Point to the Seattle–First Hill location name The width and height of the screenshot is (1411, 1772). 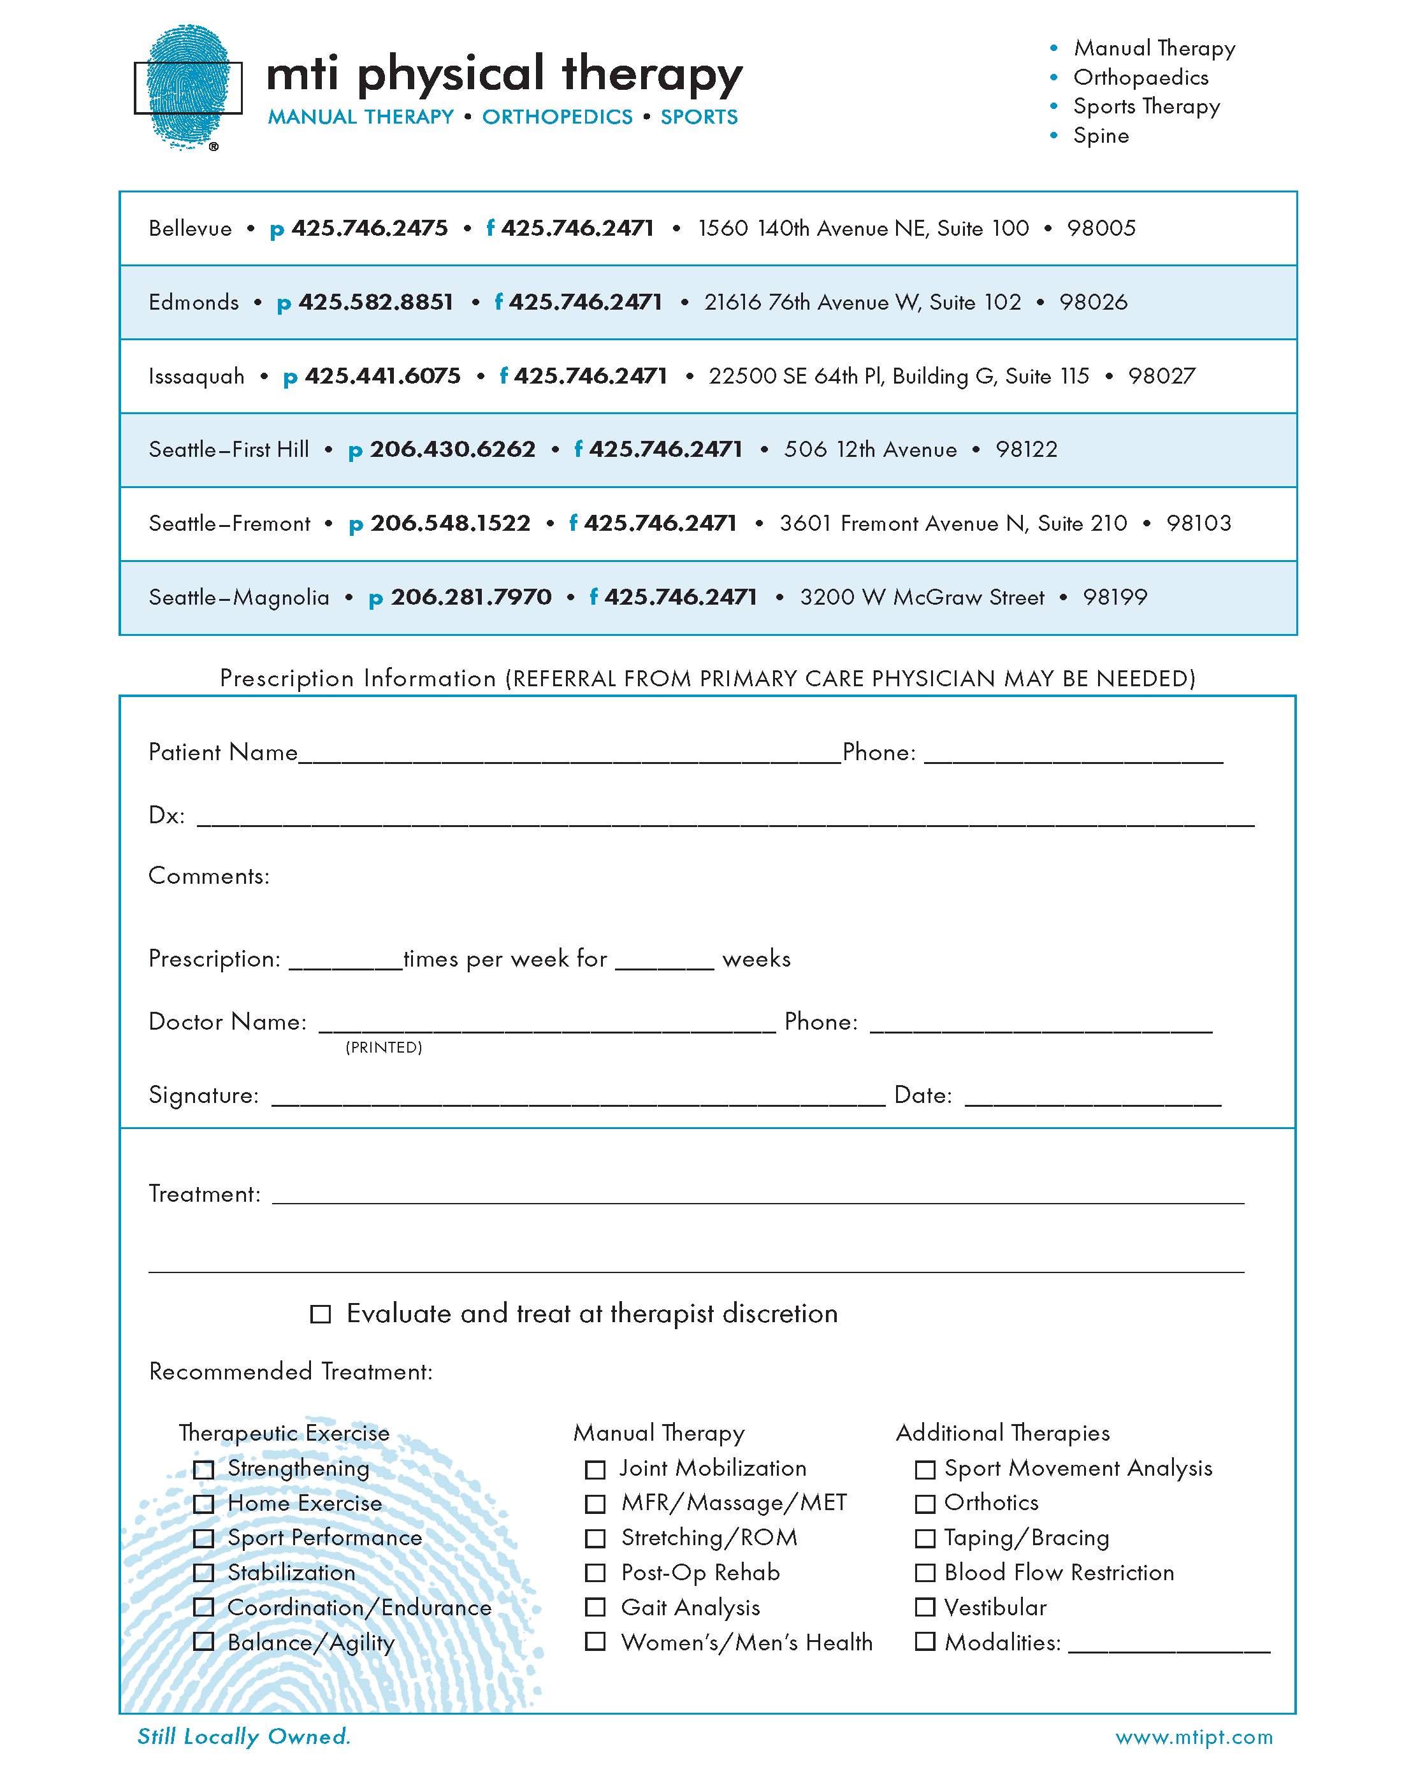click(229, 450)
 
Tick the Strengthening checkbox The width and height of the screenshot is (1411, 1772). click(203, 1469)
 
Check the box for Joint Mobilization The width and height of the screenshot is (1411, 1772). click(595, 1469)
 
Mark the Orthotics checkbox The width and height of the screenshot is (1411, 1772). click(925, 1503)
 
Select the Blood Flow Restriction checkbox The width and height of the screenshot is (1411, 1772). click(925, 1573)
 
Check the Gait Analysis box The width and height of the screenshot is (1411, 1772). click(595, 1607)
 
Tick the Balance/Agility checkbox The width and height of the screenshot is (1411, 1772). click(203, 1641)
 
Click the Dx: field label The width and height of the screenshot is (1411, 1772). click(166, 816)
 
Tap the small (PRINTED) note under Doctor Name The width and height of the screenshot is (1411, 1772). click(383, 1047)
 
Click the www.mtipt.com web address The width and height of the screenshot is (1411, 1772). click(1193, 1737)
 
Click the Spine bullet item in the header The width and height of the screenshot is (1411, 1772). click(1100, 136)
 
